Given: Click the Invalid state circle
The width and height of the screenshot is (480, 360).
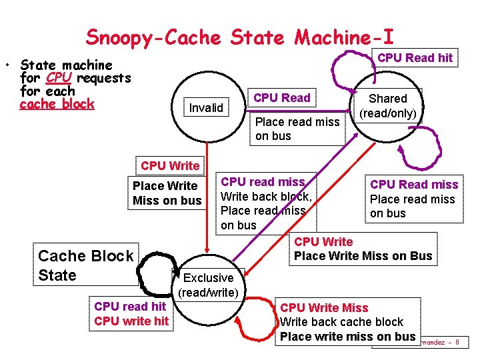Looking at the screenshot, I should click(206, 107).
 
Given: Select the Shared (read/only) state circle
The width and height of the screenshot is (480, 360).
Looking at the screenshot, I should click(388, 106).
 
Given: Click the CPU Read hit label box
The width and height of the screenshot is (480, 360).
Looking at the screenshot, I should click(415, 58).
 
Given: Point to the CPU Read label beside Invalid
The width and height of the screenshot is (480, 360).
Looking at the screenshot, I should click(282, 98).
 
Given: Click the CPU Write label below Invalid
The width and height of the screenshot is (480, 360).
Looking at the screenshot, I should click(170, 165).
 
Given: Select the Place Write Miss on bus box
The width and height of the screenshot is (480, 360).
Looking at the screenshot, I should click(167, 193).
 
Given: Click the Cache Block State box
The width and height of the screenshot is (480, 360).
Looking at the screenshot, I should click(85, 265).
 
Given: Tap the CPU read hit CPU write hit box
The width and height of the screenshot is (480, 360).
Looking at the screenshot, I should click(131, 314).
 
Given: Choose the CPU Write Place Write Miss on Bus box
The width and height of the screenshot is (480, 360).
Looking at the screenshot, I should click(363, 249).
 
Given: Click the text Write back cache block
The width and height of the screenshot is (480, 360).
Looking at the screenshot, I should click(342, 322).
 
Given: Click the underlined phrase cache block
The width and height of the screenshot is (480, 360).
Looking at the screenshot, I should click(57, 104).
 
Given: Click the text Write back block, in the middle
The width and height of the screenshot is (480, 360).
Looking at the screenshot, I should click(266, 196).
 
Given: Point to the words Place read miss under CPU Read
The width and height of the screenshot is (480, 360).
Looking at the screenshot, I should click(297, 121).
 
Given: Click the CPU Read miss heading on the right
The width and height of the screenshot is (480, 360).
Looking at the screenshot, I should click(414, 185).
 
